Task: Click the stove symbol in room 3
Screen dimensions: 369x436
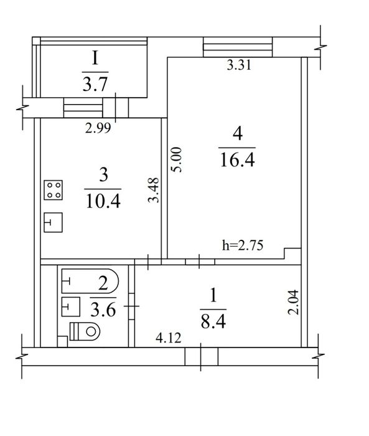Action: click(x=53, y=190)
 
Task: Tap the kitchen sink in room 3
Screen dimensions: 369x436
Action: click(x=53, y=222)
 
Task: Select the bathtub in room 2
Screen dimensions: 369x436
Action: click(x=90, y=281)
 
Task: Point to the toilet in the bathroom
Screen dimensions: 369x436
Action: click(x=85, y=331)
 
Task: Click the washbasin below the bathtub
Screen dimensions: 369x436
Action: click(x=71, y=306)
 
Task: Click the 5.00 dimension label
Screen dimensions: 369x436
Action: click(x=177, y=160)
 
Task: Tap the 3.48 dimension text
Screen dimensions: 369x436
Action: click(x=154, y=190)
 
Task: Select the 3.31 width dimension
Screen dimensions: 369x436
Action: click(x=239, y=65)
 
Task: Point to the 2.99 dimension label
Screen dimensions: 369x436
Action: click(x=98, y=128)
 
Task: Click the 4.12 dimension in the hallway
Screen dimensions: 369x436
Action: click(x=169, y=338)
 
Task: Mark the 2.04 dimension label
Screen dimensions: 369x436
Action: click(x=294, y=302)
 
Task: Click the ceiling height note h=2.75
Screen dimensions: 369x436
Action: click(x=243, y=245)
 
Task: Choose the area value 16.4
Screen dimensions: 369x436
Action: click(x=237, y=161)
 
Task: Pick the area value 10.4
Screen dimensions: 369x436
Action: click(x=103, y=201)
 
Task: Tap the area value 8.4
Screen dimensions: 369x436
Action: click(x=213, y=321)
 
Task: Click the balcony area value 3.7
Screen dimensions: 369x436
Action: click(x=95, y=84)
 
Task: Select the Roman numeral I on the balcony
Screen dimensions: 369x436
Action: click(x=95, y=59)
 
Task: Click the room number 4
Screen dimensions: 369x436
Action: click(x=238, y=133)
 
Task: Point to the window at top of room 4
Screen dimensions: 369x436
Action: click(x=238, y=47)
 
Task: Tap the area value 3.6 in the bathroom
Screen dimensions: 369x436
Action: click(x=103, y=310)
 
